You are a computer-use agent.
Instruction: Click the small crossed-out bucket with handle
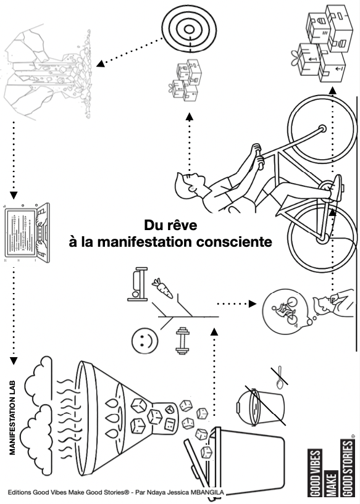(259, 406)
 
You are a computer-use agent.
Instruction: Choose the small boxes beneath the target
(186, 83)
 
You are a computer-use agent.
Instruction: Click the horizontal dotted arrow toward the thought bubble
(237, 304)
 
